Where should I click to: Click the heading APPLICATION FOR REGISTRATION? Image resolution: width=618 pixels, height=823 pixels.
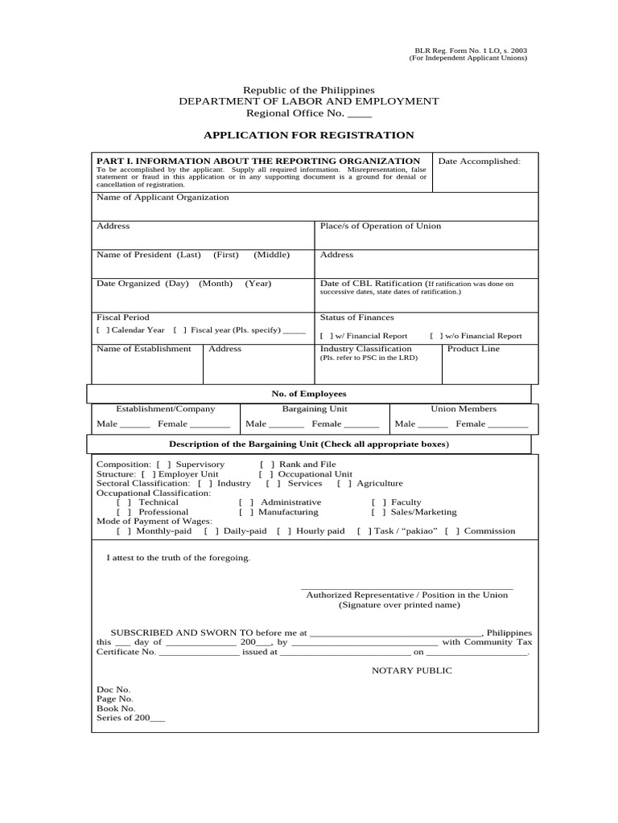pyautogui.click(x=308, y=135)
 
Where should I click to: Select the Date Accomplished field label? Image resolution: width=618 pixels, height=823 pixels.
pyautogui.click(x=479, y=162)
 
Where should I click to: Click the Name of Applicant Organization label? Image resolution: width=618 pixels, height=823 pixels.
pyautogui.click(x=163, y=197)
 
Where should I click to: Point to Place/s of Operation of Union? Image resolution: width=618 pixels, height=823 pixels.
pyautogui.click(x=381, y=226)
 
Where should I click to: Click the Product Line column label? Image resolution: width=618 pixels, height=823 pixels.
pyautogui.click(x=473, y=349)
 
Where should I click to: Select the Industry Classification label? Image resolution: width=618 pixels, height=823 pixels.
pyautogui.click(x=365, y=349)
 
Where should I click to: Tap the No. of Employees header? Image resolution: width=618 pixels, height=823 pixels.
pyautogui.click(x=308, y=394)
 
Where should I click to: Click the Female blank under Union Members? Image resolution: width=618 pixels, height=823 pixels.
pyautogui.click(x=508, y=425)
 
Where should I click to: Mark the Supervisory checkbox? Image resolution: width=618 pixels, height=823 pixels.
pyautogui.click(x=163, y=465)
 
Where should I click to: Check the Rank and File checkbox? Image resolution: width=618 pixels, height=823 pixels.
pyautogui.click(x=267, y=465)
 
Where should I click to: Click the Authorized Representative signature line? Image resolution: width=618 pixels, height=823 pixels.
pyautogui.click(x=406, y=588)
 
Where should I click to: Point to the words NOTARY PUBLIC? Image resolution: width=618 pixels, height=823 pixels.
pyautogui.click(x=411, y=670)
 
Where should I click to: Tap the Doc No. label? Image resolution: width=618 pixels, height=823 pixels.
pyautogui.click(x=113, y=690)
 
